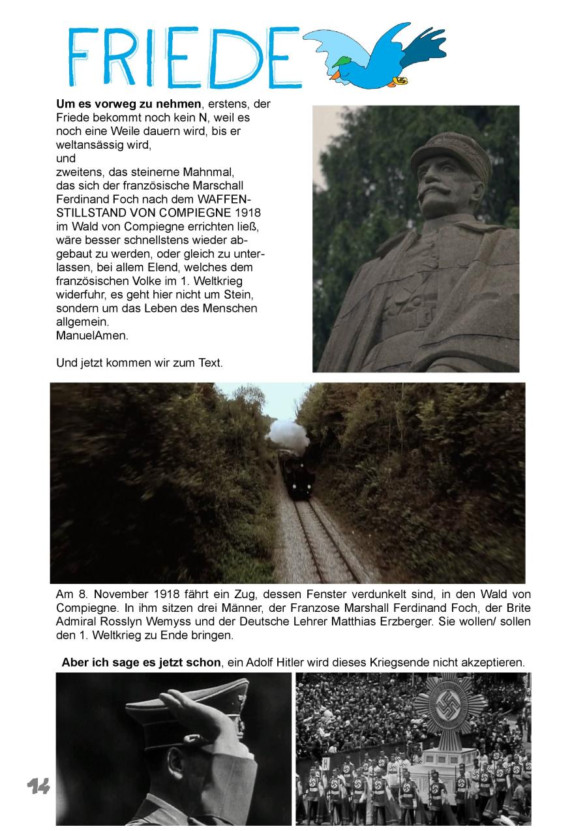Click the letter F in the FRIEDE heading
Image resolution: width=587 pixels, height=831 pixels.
coord(83,57)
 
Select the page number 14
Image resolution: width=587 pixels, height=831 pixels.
coord(38,787)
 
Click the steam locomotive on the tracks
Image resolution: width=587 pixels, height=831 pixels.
coord(297,474)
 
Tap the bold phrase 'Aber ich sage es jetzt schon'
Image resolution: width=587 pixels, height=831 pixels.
coord(141,662)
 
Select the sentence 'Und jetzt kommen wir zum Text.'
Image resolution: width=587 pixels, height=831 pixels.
coord(140,363)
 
